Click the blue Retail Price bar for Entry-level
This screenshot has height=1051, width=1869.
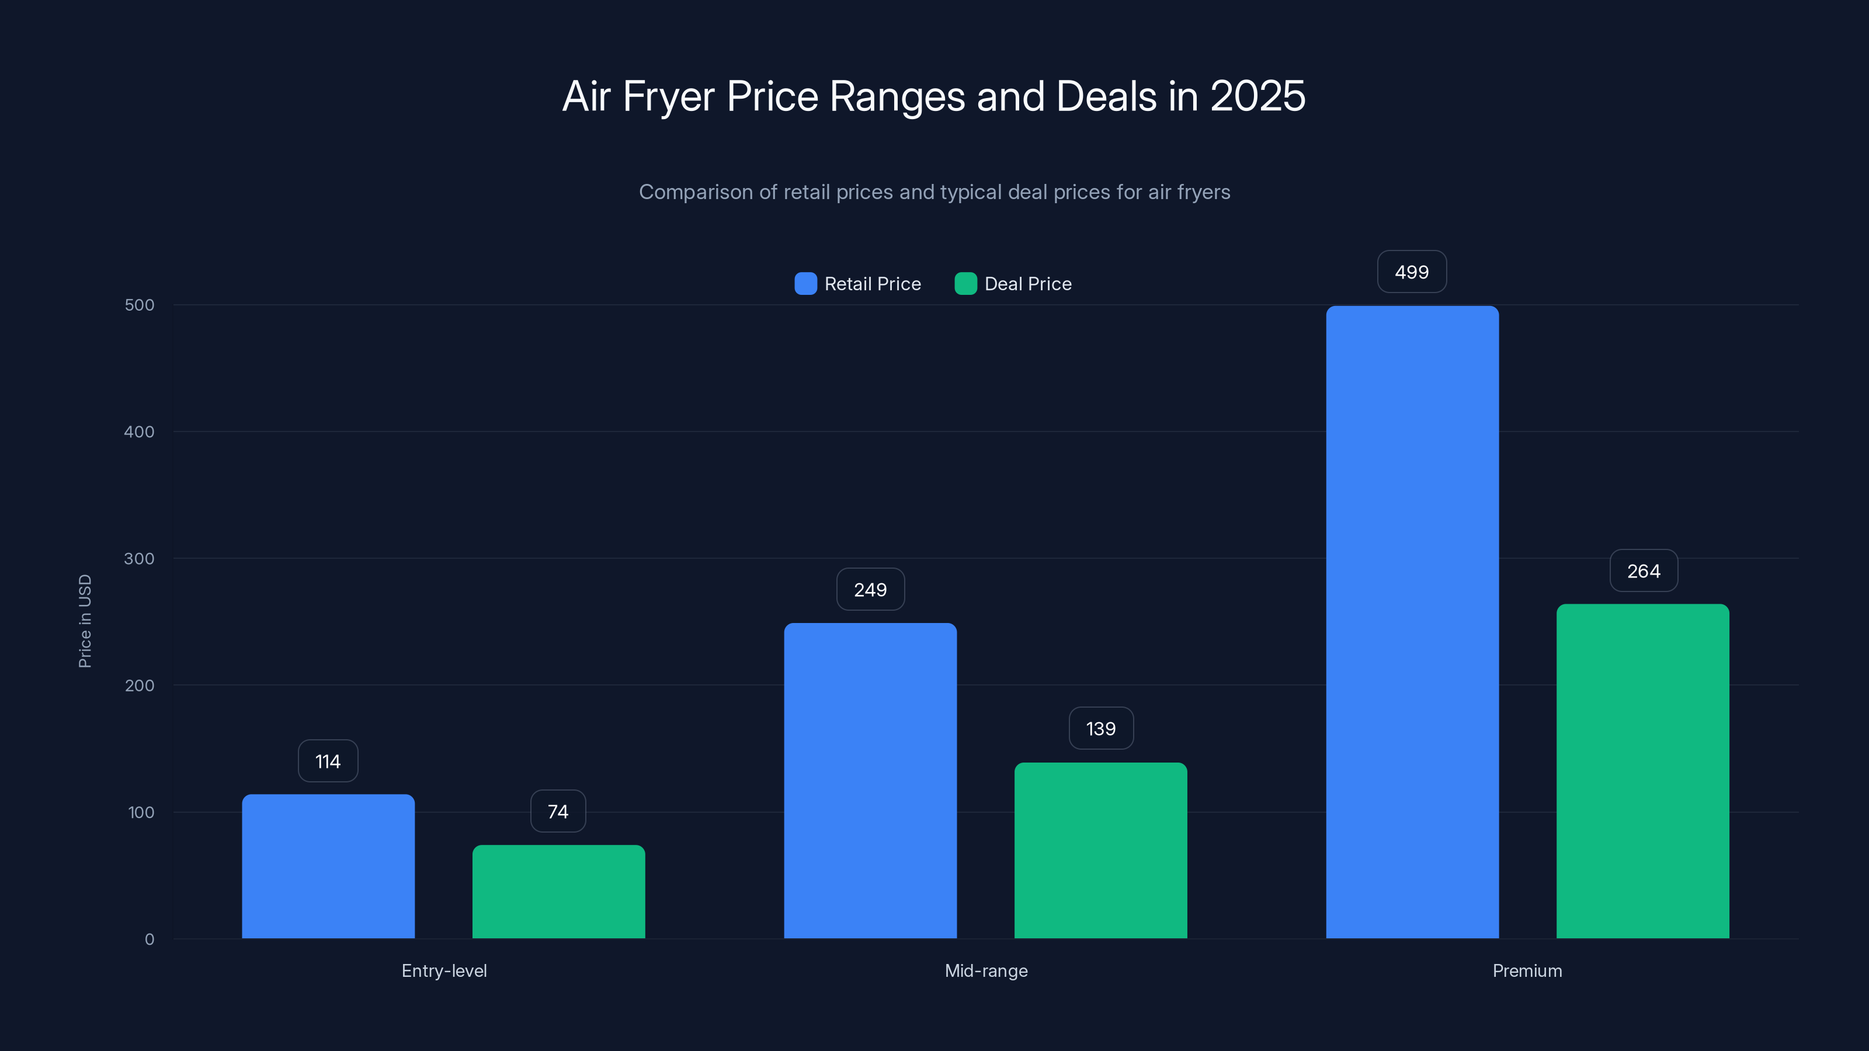coord(328,866)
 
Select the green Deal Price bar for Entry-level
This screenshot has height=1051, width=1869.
coord(559,892)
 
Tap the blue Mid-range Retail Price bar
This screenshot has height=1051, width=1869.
coord(870,781)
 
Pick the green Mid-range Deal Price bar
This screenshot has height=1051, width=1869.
coord(1100,850)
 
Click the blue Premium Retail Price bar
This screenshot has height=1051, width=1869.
coord(1412,622)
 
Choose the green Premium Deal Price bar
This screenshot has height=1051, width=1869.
coord(1642,771)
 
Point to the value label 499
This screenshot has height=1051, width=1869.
coord(1412,272)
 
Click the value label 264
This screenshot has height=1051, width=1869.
coord(1644,571)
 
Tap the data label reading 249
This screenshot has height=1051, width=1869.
coord(870,590)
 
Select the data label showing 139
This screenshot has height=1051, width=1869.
coord(1100,728)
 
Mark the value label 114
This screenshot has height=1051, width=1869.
coord(328,761)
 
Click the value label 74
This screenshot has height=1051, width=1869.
coord(558,811)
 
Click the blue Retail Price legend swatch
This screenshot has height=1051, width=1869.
coord(805,284)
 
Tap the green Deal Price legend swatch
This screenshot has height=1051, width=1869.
coord(965,284)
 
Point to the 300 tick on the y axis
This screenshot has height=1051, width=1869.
coord(140,559)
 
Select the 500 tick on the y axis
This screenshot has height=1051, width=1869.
coord(140,305)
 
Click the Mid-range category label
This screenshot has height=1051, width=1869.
coord(986,970)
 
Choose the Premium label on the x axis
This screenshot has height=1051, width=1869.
coord(1527,970)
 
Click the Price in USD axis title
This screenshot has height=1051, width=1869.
coord(85,621)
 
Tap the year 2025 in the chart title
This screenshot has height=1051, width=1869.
coord(1257,96)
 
